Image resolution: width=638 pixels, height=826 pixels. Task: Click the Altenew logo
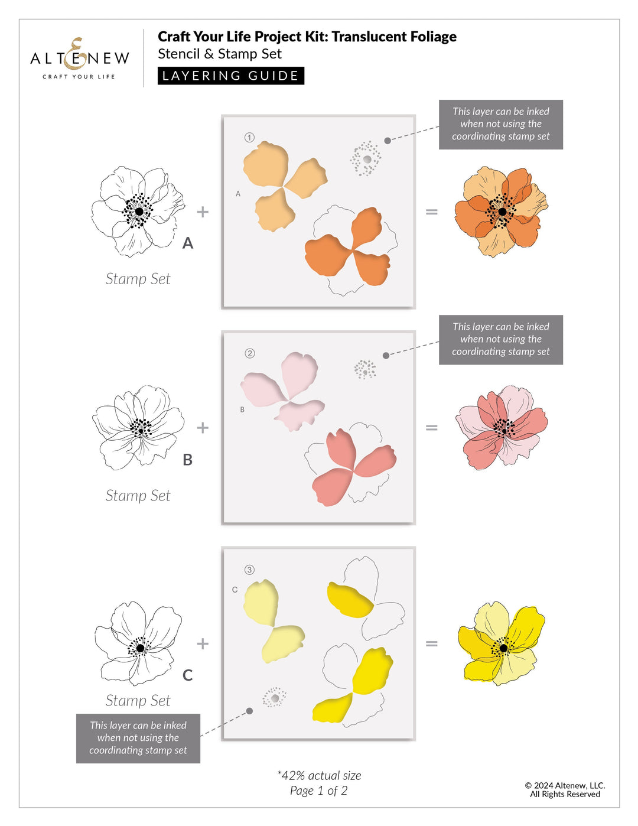(79, 59)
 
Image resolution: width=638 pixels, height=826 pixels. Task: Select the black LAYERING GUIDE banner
(230, 76)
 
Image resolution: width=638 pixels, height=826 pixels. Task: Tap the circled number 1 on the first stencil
(249, 138)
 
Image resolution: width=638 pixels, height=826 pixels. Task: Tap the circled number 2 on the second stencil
(250, 353)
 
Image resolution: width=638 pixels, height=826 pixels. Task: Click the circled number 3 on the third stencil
(250, 570)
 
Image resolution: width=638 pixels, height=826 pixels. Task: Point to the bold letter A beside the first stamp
(188, 243)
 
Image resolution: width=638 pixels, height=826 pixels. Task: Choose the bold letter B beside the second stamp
(188, 460)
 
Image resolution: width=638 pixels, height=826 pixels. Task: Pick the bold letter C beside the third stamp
(188, 675)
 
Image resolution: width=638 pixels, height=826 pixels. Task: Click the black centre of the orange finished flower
(502, 212)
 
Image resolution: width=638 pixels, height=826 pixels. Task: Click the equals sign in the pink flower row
(432, 428)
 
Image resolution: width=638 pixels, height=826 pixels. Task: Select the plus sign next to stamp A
(203, 212)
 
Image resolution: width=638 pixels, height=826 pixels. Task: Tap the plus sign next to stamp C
(203, 643)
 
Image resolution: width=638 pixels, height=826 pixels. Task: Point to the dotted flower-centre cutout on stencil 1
(366, 159)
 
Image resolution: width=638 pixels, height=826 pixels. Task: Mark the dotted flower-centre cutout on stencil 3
(275, 698)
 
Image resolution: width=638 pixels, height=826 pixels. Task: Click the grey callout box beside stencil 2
(500, 339)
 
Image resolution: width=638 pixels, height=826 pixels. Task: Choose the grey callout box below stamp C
(138, 738)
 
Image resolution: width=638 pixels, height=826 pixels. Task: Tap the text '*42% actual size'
(319, 775)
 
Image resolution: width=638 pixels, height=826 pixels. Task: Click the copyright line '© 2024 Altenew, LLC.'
(565, 785)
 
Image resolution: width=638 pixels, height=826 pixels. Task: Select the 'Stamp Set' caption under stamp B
(138, 496)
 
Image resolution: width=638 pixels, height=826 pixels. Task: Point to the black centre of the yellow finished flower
(503, 648)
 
